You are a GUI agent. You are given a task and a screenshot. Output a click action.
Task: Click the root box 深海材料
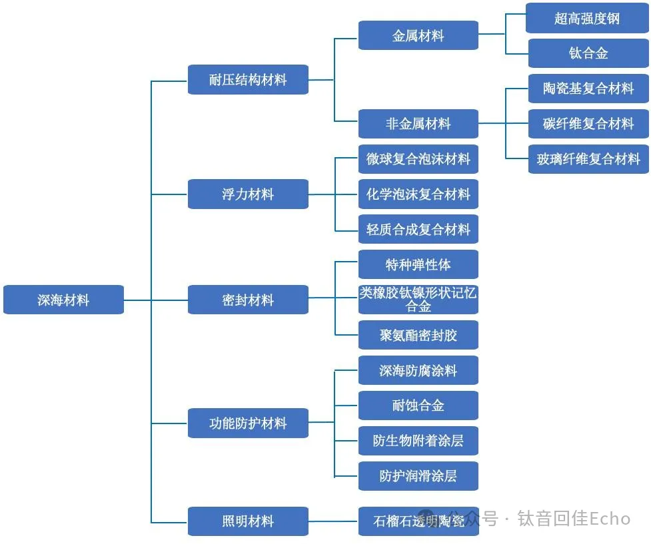(63, 300)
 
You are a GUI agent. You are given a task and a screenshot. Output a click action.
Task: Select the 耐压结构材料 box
(248, 80)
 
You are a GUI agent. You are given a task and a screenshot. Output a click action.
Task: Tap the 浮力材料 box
(248, 194)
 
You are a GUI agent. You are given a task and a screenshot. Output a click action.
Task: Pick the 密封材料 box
(248, 300)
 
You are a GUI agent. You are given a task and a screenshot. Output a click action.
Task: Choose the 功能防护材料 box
(248, 423)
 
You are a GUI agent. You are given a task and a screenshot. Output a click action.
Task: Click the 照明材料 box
(248, 521)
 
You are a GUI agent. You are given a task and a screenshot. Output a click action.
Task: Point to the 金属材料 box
(418, 35)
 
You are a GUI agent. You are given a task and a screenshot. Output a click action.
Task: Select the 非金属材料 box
(418, 124)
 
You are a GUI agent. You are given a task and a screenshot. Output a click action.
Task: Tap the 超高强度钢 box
(587, 18)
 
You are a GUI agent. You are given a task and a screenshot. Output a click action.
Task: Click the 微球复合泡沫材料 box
(418, 159)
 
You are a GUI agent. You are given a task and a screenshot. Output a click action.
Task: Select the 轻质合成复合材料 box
(418, 230)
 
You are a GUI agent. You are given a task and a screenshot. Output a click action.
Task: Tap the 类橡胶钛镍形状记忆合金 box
(418, 300)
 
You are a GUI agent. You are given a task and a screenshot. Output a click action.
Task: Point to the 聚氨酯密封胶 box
(418, 335)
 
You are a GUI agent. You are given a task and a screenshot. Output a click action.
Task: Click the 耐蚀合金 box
(418, 406)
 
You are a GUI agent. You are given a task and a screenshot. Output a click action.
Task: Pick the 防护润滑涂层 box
(418, 476)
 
